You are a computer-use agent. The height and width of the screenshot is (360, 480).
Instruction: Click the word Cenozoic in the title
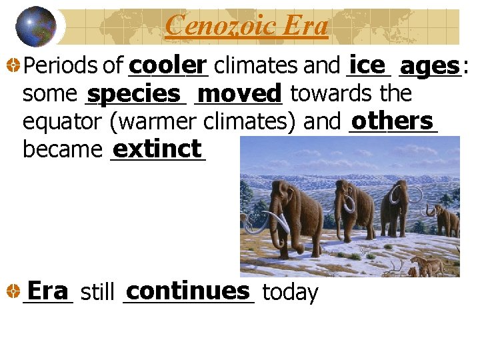[212, 26]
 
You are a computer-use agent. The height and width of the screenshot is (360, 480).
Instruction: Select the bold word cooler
[169, 65]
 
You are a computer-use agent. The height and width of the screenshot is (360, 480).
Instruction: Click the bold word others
[393, 121]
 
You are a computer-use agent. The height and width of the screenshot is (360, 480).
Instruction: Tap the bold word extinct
[157, 148]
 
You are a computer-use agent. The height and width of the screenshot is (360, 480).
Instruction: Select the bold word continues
[187, 291]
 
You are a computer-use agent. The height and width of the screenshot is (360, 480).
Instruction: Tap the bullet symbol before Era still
[13, 292]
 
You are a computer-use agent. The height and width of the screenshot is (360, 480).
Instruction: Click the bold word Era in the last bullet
[47, 291]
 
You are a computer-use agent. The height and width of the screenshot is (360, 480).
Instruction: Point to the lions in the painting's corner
[429, 267]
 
